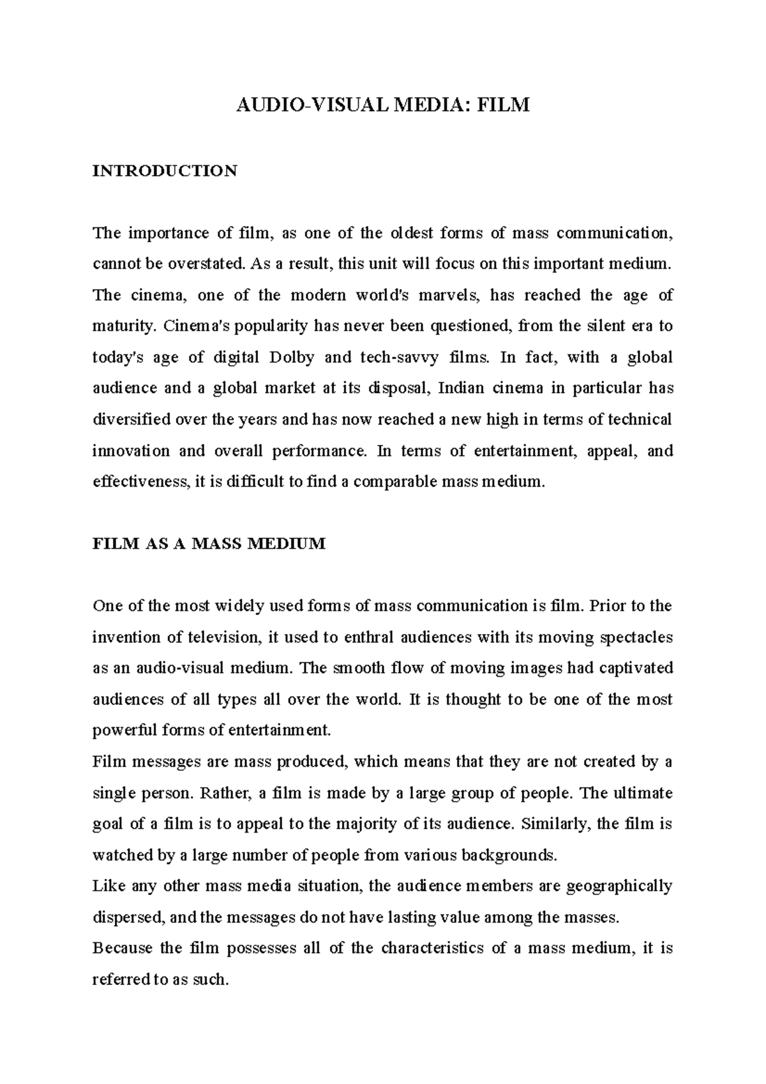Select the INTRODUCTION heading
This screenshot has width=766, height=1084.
tap(165, 171)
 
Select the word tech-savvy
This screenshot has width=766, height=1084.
tap(399, 358)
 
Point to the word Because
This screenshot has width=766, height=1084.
tap(123, 949)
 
